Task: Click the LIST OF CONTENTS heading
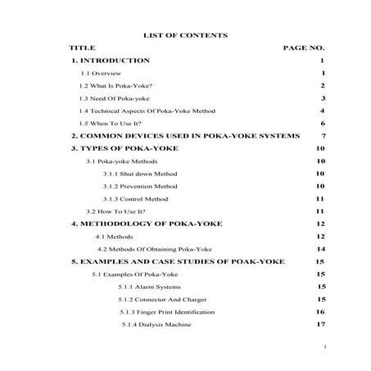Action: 185,35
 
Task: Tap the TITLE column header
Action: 83,48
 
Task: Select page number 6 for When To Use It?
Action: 324,123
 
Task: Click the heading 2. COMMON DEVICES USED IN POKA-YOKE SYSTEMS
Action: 185,136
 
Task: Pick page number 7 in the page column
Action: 324,136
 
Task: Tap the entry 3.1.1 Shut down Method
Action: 140,174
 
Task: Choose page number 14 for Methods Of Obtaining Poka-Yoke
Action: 321,248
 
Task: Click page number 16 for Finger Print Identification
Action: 321,312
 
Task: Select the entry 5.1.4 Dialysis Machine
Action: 156,325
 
